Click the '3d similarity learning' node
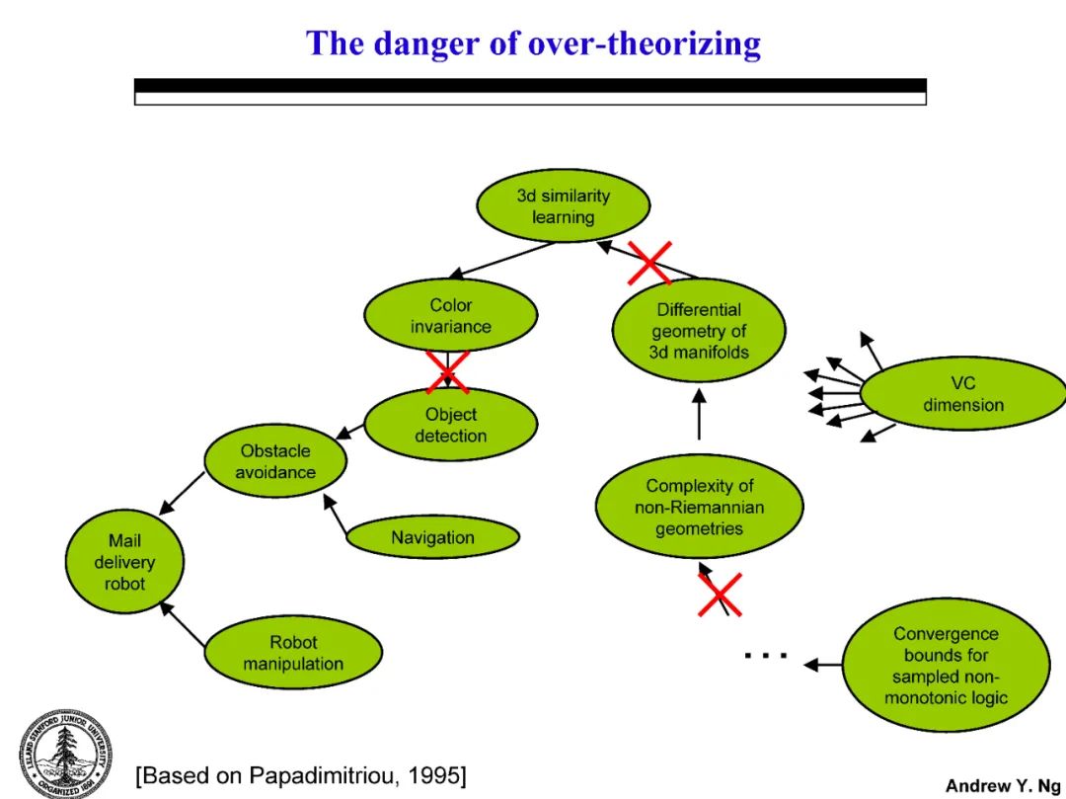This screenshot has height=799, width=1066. click(x=564, y=206)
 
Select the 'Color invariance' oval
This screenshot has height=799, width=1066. click(x=450, y=316)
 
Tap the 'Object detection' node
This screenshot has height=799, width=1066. click(x=450, y=425)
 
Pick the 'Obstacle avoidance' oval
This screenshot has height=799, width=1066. click(x=276, y=461)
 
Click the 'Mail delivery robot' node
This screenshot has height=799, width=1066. click(x=124, y=562)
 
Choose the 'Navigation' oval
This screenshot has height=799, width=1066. click(x=432, y=537)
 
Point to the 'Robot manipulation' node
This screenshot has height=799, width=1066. click(x=293, y=653)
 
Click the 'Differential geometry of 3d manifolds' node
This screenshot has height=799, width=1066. click(x=699, y=331)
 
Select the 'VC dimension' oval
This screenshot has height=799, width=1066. click(x=962, y=393)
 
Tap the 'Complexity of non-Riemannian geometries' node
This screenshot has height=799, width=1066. click(x=699, y=507)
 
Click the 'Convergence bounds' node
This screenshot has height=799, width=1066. click(x=945, y=666)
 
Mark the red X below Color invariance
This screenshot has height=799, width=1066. click(x=447, y=371)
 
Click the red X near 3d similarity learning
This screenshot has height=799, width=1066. click(x=649, y=263)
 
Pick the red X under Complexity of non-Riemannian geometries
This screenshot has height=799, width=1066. click(x=720, y=594)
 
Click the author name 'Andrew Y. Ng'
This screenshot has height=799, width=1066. click(x=1002, y=785)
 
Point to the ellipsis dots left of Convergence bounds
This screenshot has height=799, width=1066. click(x=766, y=655)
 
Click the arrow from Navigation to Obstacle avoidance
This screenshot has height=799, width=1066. click(x=337, y=517)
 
